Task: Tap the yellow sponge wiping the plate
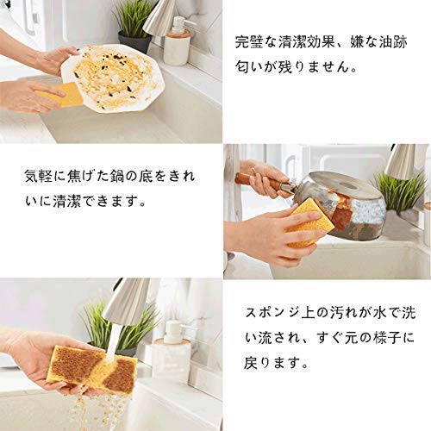pyautogui.click(x=62, y=95)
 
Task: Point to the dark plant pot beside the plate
pyautogui.click(x=134, y=43)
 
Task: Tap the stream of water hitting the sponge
pyautogui.click(x=113, y=343)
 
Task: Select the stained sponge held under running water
pyautogui.click(x=92, y=366)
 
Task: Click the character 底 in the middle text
pyautogui.click(x=147, y=176)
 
